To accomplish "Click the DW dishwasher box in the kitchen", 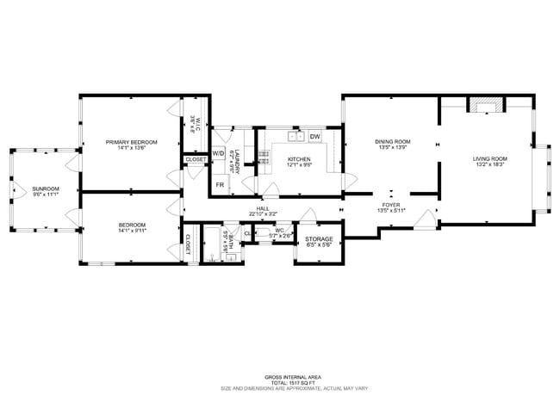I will [x=315, y=136].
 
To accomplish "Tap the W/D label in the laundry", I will [x=219, y=153].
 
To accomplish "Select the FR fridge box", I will [x=220, y=185].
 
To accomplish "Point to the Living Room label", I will [x=489, y=158].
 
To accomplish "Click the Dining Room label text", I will [x=392, y=141].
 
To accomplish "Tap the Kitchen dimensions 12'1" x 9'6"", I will [x=299, y=164].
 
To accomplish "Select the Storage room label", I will [x=319, y=239].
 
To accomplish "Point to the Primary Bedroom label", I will [x=131, y=141].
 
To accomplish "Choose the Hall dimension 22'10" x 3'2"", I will [x=264, y=213].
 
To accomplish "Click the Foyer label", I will [x=391, y=205].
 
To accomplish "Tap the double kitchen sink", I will [x=296, y=135].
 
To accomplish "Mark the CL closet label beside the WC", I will [x=248, y=233].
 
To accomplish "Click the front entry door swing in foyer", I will [x=424, y=219].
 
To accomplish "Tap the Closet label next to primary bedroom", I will [x=196, y=159].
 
